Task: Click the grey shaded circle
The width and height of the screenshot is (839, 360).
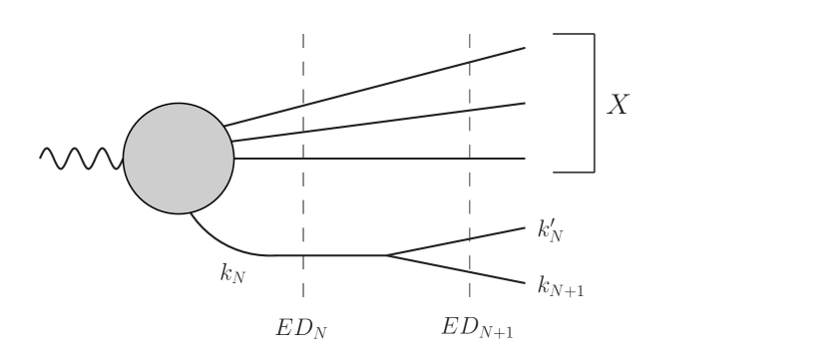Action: (179, 159)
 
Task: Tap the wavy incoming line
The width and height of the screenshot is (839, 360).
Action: (80, 159)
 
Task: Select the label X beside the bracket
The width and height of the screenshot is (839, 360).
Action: (619, 106)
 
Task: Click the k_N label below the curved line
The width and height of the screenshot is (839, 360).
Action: (231, 271)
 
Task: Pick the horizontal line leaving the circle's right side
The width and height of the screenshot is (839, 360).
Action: (379, 159)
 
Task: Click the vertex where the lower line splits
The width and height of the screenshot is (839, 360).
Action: (386, 255)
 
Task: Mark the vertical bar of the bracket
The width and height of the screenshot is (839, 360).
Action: (595, 103)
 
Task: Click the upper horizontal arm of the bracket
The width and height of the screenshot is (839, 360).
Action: (574, 34)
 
